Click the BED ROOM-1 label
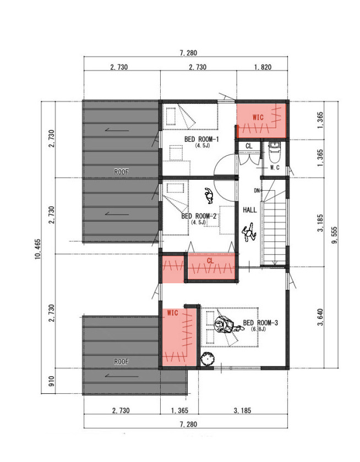click(201, 139)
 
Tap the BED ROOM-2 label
click(199, 216)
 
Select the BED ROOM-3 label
click(260, 323)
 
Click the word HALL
click(250, 210)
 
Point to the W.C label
click(275, 168)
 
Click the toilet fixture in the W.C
click(275, 152)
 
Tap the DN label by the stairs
click(257, 191)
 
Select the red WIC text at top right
click(258, 117)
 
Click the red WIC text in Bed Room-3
click(172, 312)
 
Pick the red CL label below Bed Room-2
click(210, 261)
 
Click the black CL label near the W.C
click(249, 146)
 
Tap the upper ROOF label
click(121, 172)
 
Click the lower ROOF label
click(121, 361)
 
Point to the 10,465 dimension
click(38, 249)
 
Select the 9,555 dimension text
click(334, 235)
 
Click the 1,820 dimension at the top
click(263, 67)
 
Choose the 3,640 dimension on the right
click(320, 317)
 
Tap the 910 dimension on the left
click(51, 381)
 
